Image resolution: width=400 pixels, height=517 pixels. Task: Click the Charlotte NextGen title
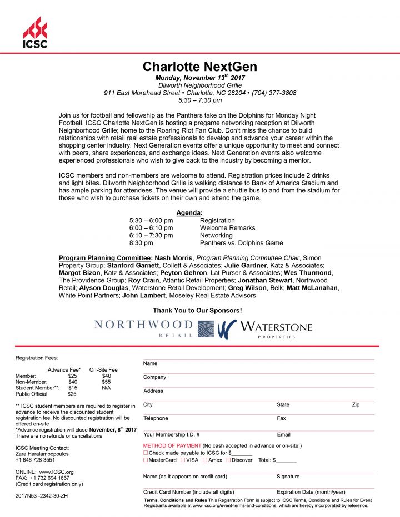click(x=199, y=67)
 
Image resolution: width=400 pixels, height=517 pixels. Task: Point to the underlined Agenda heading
click(x=189, y=213)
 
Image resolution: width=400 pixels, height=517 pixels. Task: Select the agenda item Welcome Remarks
click(x=227, y=228)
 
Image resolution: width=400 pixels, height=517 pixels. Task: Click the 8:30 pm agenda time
click(x=141, y=243)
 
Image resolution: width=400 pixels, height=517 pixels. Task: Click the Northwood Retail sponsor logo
click(x=144, y=328)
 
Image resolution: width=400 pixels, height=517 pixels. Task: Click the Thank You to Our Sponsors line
click(x=197, y=311)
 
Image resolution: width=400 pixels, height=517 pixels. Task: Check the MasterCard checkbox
click(x=146, y=460)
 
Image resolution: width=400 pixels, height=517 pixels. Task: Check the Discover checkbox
click(x=228, y=460)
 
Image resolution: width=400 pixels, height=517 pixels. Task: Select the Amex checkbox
click(x=205, y=460)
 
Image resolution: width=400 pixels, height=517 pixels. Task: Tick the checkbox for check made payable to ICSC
click(x=146, y=453)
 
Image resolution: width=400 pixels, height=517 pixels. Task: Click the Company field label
click(x=155, y=377)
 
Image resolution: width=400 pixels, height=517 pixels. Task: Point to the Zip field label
click(x=356, y=405)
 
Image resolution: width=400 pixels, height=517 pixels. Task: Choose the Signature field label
click(x=288, y=477)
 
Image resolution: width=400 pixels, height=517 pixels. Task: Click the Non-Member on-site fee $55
click(x=107, y=382)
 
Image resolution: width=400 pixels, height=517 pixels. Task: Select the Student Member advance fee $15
click(x=73, y=388)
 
